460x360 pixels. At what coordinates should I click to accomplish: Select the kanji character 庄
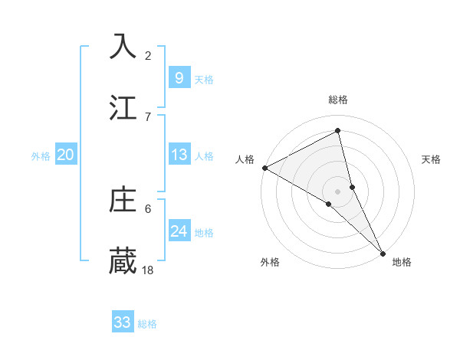coord(123,199)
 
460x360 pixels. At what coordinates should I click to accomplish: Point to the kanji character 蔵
coord(123,260)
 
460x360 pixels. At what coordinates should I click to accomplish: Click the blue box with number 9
coord(179,77)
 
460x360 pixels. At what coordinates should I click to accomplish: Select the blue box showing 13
coord(179,155)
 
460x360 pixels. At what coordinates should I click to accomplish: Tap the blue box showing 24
coord(179,231)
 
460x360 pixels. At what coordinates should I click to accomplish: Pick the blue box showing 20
coord(65,155)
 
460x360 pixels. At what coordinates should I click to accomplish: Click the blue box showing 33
coord(122,322)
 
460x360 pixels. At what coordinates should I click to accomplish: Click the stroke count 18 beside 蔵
coord(148,270)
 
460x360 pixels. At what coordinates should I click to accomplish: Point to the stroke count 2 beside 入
coord(148,55)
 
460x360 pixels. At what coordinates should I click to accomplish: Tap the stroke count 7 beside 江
coord(148,116)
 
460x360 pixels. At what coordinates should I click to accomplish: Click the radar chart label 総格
coord(338,100)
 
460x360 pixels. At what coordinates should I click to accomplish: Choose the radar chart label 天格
coord(431,159)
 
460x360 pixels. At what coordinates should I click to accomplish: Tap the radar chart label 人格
coord(245,159)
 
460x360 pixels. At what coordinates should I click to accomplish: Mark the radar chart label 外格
coord(269,262)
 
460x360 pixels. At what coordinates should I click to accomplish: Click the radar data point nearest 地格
coord(383,252)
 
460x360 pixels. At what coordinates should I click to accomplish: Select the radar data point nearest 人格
coord(264,168)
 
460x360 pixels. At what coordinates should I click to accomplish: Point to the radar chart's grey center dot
coord(338,191)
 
